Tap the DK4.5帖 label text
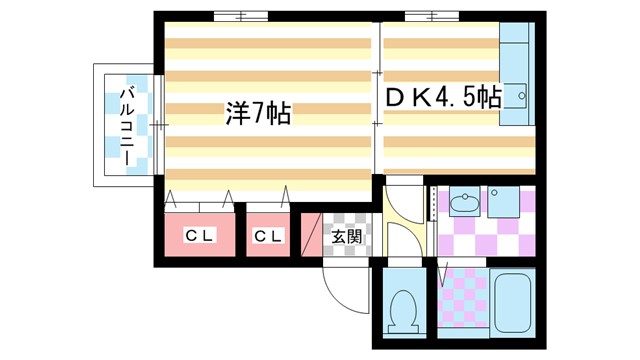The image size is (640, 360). tap(442, 98)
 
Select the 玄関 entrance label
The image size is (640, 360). tap(347, 237)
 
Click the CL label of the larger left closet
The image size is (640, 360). tap(200, 236)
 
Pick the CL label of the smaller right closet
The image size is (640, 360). tap(267, 236)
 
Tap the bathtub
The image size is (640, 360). tap(513, 302)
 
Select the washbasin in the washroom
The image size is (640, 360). tap(465, 204)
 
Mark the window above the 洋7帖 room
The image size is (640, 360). tap(240, 16)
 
